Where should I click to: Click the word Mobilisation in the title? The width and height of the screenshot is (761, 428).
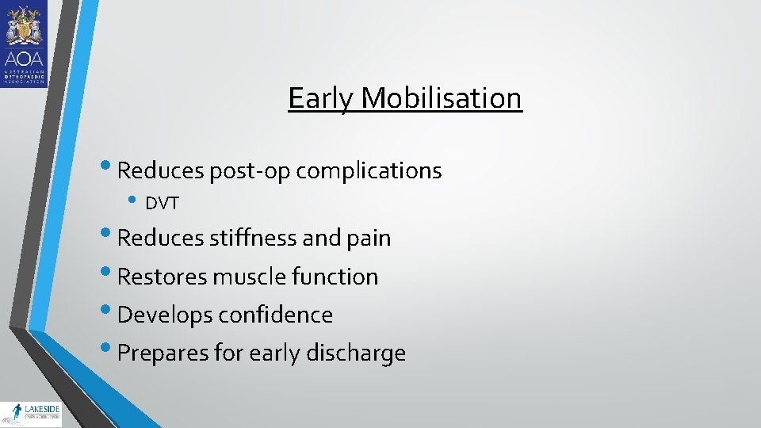[x=442, y=98]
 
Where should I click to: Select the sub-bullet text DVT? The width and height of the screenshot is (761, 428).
[x=163, y=204]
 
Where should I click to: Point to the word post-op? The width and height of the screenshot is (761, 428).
[x=261, y=170]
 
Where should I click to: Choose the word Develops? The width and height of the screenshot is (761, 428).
[x=165, y=315]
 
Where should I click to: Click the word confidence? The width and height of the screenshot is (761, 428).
[x=276, y=315]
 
